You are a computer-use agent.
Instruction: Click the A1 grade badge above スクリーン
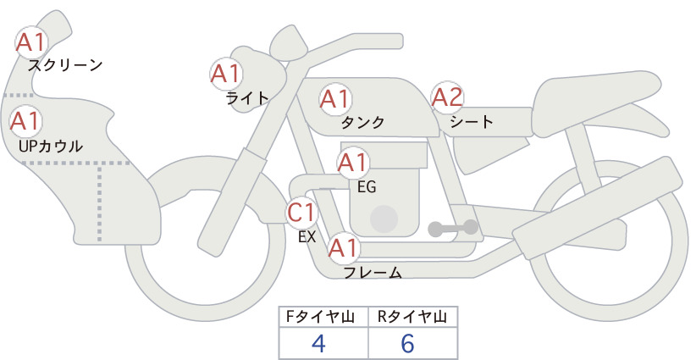pyautogui.click(x=30, y=42)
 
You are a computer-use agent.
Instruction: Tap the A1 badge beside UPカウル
pyautogui.click(x=25, y=121)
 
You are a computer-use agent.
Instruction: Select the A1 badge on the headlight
pyautogui.click(x=225, y=74)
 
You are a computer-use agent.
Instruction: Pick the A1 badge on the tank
pyautogui.click(x=335, y=98)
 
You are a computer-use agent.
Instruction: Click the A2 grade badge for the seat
pyautogui.click(x=447, y=97)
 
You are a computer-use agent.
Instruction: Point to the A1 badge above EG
pyautogui.click(x=352, y=163)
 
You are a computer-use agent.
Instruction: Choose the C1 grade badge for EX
pyautogui.click(x=301, y=212)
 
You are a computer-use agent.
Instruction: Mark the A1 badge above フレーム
pyautogui.click(x=343, y=247)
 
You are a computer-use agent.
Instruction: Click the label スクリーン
pyautogui.click(x=65, y=66)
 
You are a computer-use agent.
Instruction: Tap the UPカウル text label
pyautogui.click(x=51, y=146)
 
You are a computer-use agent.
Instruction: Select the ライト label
pyautogui.click(x=247, y=97)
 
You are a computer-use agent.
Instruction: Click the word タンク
pyautogui.click(x=362, y=122)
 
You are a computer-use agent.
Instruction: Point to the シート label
pyautogui.click(x=472, y=122)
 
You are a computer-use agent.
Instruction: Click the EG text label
pyautogui.click(x=367, y=187)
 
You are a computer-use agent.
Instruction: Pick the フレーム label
pyautogui.click(x=373, y=273)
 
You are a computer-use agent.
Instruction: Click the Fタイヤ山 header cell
pyautogui.click(x=323, y=317)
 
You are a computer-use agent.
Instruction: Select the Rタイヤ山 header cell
pyautogui.click(x=413, y=317)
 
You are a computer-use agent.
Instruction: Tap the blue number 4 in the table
pyautogui.click(x=318, y=343)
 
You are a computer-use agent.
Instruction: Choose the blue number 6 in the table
pyautogui.click(x=407, y=343)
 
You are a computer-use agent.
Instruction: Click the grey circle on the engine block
pyautogui.click(x=384, y=219)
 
